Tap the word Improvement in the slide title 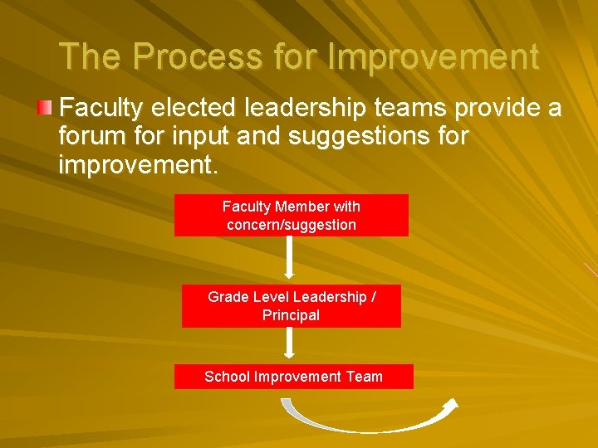pos(433,56)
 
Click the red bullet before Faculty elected pos(46,107)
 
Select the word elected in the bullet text pos(199,108)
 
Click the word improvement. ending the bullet pos(139,163)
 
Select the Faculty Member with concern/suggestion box pos(292,216)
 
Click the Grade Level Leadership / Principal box pos(292,306)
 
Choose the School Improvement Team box pos(293,377)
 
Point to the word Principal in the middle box pos(291,315)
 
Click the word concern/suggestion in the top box pos(292,225)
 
